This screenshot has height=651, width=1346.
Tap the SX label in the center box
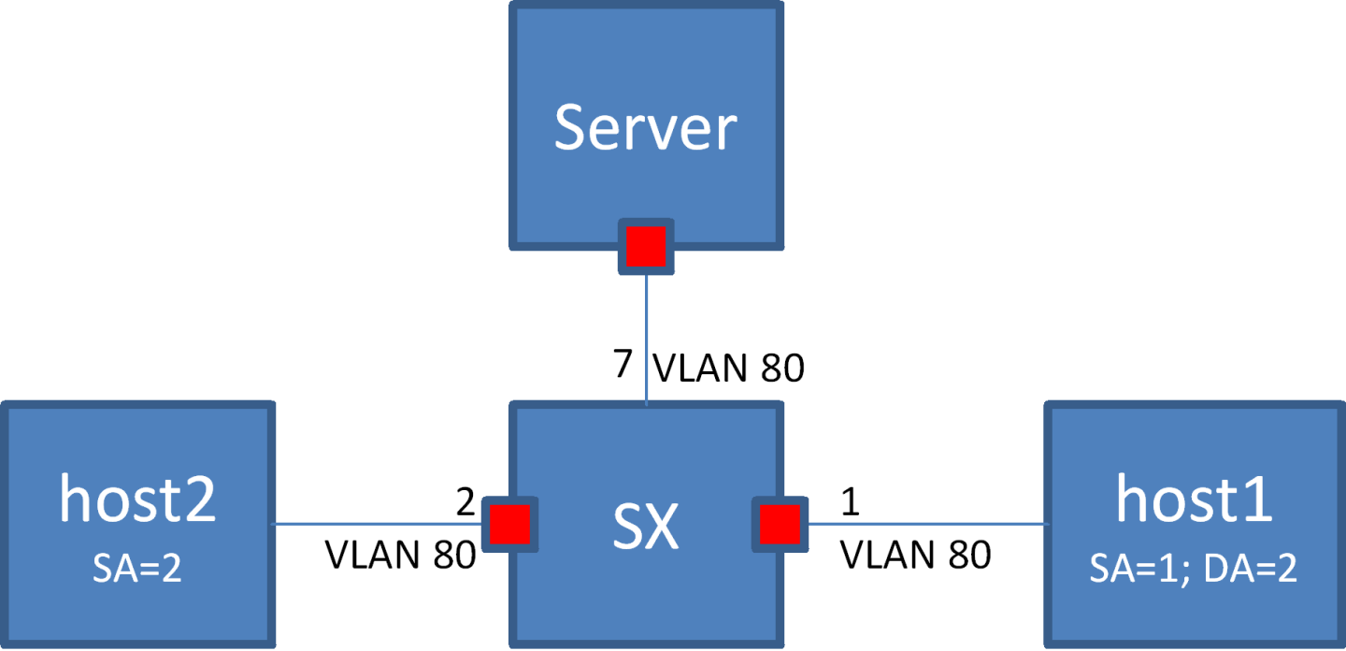tap(645, 528)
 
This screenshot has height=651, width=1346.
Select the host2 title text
tap(137, 499)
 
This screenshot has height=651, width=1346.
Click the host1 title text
tap(1194, 499)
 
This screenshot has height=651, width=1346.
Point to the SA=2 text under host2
tap(137, 569)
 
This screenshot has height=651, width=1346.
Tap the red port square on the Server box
tap(646, 246)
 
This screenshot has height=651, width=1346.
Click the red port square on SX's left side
tap(510, 524)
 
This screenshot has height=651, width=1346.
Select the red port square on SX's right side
tap(780, 524)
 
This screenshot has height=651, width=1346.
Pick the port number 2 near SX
tap(465, 502)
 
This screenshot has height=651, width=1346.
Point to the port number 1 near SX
tap(849, 502)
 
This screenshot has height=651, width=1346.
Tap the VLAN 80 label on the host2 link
tap(400, 556)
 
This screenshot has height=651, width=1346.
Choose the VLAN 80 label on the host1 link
tap(916, 556)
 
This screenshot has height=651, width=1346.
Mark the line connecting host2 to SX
tap(374, 524)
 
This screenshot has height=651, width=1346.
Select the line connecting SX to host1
tap(925, 524)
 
